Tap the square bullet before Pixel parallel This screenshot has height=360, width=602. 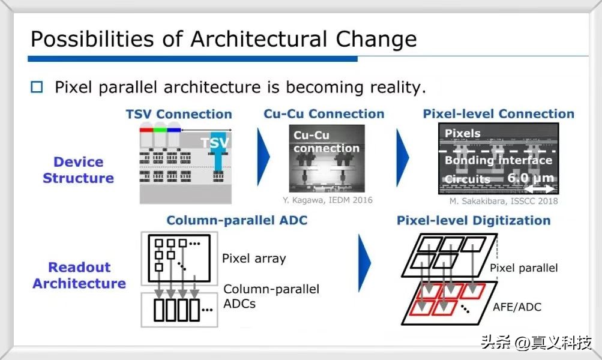click(x=37, y=87)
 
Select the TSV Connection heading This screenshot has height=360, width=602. click(x=179, y=114)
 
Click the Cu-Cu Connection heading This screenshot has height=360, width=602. click(x=324, y=113)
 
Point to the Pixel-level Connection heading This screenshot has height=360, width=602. click(x=498, y=113)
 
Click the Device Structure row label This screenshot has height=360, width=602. click(x=78, y=170)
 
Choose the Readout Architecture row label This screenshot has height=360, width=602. click(x=79, y=275)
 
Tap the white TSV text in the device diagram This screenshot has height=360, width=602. click(x=215, y=143)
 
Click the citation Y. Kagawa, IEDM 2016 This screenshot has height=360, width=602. click(x=328, y=200)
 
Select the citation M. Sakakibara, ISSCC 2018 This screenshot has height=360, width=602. click(x=504, y=201)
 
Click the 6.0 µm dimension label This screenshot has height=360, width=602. click(x=531, y=178)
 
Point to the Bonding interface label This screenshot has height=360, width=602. click(x=498, y=160)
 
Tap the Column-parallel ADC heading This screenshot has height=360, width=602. click(x=237, y=220)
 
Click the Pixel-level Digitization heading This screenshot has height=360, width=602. click(x=474, y=221)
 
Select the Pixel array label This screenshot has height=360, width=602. click(x=254, y=259)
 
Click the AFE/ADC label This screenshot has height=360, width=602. click(x=517, y=307)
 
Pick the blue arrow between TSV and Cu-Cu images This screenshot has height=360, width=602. click(x=263, y=157)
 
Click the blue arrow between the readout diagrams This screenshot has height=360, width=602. click(x=364, y=263)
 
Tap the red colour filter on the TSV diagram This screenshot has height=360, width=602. click(x=146, y=130)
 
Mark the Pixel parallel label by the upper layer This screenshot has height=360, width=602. click(x=524, y=268)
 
